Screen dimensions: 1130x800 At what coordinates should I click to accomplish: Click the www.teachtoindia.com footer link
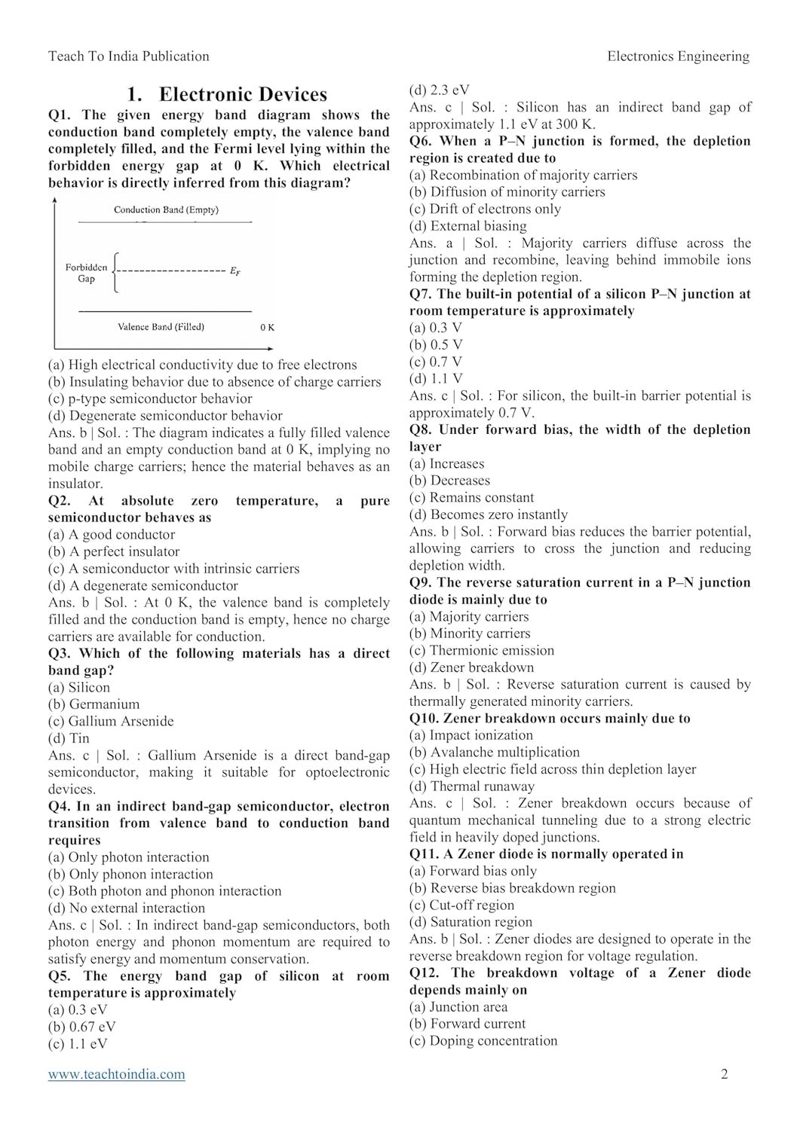116,1074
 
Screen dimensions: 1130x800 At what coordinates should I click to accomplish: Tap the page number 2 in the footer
725,1074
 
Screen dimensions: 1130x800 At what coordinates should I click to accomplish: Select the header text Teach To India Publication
128,56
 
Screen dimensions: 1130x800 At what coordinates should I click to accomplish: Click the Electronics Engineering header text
678,56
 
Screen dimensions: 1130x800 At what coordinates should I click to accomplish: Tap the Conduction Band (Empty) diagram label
166,210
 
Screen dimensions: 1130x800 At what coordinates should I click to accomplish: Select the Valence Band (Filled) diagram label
161,327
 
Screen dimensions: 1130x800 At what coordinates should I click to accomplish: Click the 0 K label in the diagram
267,328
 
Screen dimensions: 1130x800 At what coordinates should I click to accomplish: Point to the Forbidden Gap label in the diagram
86,273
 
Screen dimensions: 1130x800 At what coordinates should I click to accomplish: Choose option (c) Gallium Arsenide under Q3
111,721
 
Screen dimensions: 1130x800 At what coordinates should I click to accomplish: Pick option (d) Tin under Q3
69,738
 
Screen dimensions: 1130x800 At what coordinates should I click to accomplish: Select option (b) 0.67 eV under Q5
82,1027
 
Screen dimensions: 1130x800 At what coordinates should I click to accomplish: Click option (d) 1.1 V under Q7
436,379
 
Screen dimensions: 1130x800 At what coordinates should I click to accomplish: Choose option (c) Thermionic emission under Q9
482,650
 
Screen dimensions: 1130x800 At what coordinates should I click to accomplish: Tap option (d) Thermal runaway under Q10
472,786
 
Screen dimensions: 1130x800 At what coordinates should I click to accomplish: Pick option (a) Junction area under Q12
458,1006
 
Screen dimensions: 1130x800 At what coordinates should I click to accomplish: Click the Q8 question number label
420,430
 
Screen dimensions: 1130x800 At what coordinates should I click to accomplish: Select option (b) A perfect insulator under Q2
114,551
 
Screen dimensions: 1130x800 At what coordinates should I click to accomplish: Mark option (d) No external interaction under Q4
127,908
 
